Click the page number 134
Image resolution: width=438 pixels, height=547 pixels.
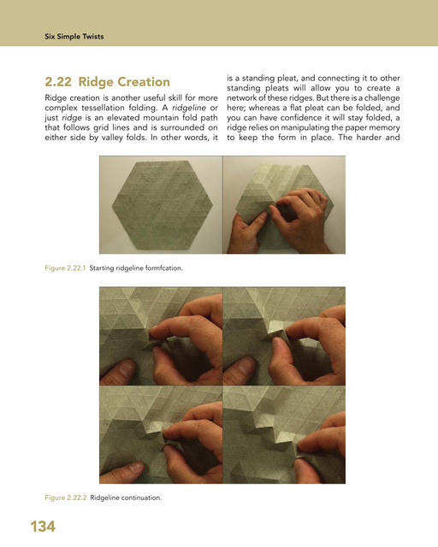tap(43, 526)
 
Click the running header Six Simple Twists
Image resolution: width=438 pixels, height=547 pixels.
tap(74, 37)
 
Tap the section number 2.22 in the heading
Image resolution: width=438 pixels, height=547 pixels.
tap(58, 82)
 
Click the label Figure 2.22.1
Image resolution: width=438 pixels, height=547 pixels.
tap(65, 268)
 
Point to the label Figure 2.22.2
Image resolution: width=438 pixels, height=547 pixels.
tap(66, 497)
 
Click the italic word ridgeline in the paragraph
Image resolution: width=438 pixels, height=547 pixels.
tap(189, 108)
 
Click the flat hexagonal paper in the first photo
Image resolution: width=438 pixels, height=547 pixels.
tap(163, 205)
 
